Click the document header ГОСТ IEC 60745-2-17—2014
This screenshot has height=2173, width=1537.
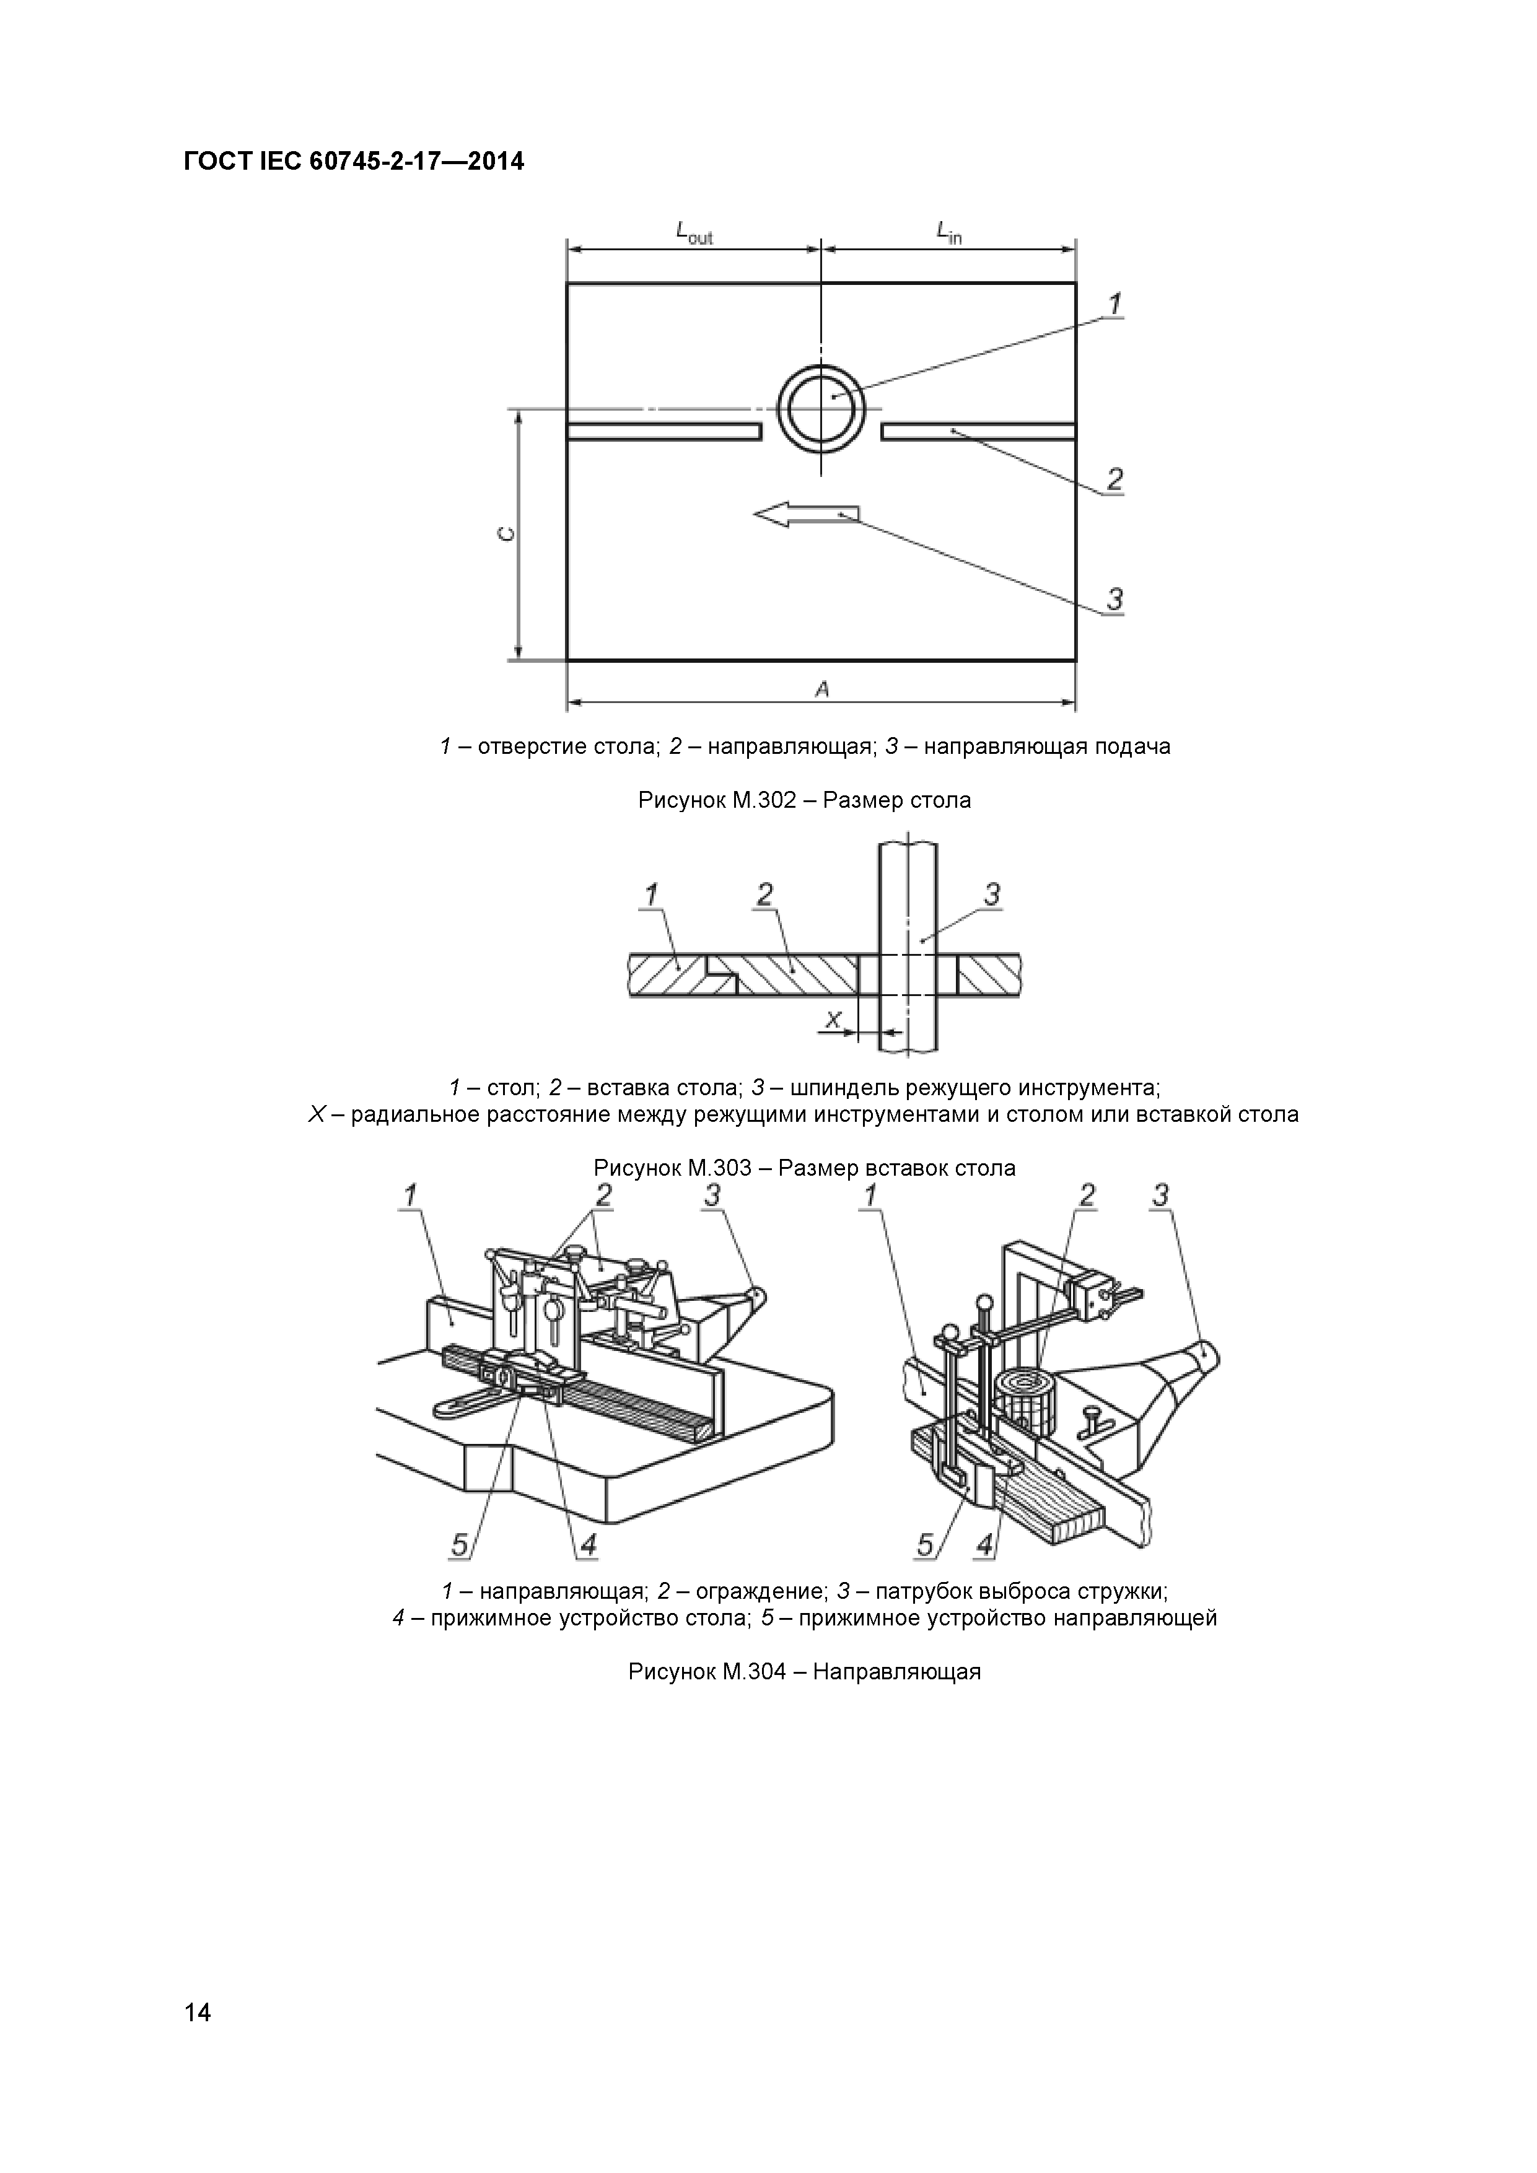pyautogui.click(x=353, y=162)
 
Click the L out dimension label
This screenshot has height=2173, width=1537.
pyautogui.click(x=694, y=232)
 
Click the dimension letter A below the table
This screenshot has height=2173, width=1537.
pyautogui.click(x=821, y=690)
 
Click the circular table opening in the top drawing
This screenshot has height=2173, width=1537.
pyautogui.click(x=821, y=409)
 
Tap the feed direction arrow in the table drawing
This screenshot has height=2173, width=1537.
pyautogui.click(x=807, y=514)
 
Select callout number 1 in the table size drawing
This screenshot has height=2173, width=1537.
pyautogui.click(x=1115, y=305)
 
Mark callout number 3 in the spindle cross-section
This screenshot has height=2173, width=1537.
pyautogui.click(x=992, y=893)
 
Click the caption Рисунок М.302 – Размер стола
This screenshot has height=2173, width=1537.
pyautogui.click(x=805, y=801)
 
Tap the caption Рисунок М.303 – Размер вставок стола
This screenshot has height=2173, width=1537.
pyautogui.click(x=805, y=1168)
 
